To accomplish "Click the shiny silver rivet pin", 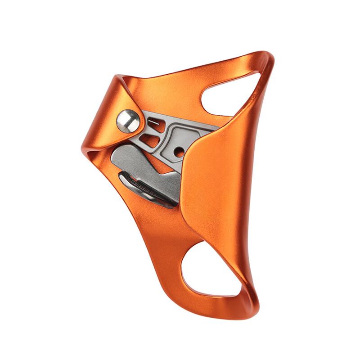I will [x=128, y=121].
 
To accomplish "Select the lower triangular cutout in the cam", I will [x=151, y=141].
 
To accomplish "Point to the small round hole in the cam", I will [x=179, y=152].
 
